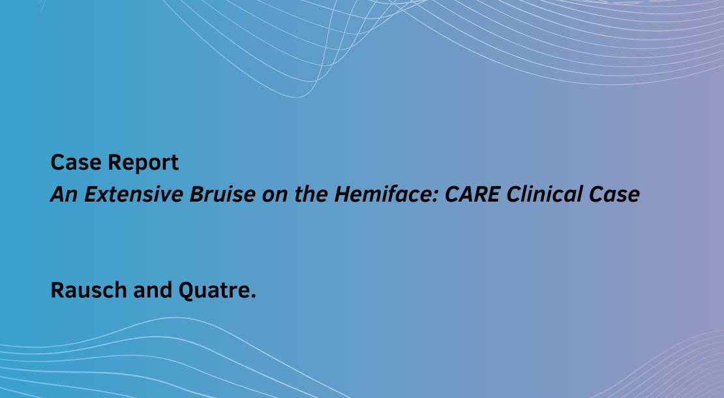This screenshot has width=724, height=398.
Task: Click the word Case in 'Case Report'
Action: click(76, 162)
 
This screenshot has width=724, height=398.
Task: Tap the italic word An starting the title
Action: click(64, 194)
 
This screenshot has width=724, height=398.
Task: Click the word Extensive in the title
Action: click(134, 194)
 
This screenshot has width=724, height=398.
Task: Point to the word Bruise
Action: click(222, 194)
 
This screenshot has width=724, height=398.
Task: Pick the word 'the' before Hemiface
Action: click(310, 194)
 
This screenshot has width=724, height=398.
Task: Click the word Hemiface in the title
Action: click(384, 194)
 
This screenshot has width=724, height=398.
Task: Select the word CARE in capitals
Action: click(472, 194)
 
